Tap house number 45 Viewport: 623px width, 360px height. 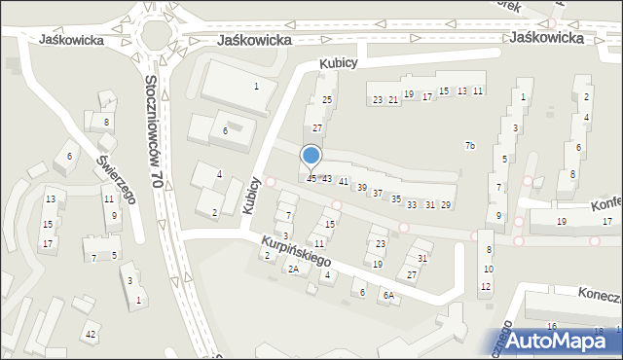pos(311,178)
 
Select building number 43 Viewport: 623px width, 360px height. pos(327,179)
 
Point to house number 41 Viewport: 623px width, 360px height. pos(344,182)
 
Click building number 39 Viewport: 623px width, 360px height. pos(361,187)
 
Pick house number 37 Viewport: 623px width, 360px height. pos(378,194)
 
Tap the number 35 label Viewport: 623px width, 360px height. pos(395,198)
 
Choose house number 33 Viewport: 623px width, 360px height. pos(412,204)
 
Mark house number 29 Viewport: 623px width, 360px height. pos(446,204)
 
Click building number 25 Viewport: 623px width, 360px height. pos(327,100)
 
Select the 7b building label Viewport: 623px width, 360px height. pos(470,146)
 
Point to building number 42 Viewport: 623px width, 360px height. pos(90,335)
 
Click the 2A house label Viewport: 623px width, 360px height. pos(292,269)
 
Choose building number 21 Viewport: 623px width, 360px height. pos(393,99)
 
